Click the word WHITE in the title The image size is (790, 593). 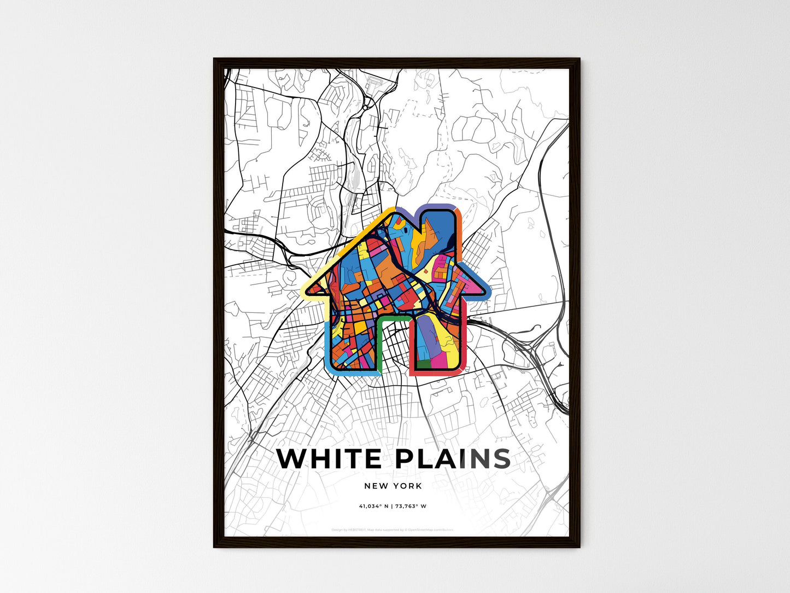tap(329, 459)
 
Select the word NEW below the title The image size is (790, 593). tap(377, 486)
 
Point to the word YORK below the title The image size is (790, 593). tap(407, 486)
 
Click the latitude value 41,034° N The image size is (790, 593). tap(373, 507)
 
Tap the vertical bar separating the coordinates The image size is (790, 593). tap(392, 507)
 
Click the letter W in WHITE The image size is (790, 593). tap(292, 459)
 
